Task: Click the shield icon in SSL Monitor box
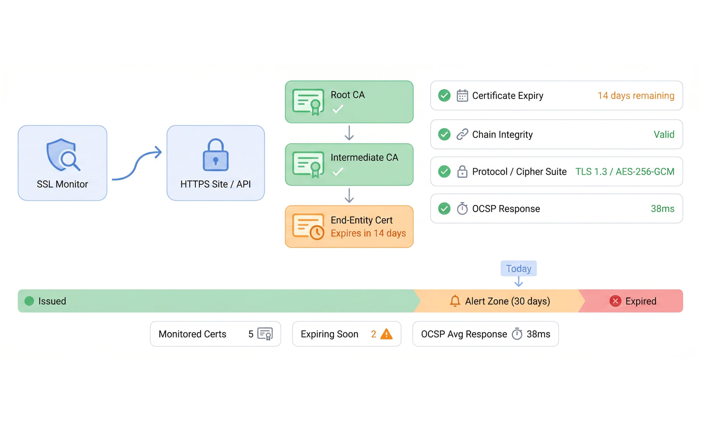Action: [x=63, y=155]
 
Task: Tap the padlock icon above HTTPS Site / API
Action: [x=216, y=155]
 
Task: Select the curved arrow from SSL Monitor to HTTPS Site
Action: [x=137, y=164]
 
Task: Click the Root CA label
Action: [x=348, y=95]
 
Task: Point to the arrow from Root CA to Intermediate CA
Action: [x=349, y=133]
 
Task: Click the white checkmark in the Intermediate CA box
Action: [x=338, y=172]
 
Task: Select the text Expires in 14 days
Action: [x=368, y=233]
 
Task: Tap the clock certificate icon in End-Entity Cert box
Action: [x=308, y=226]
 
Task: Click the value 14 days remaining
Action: [x=636, y=96]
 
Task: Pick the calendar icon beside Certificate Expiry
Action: [x=462, y=96]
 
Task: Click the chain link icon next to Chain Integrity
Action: [x=462, y=134]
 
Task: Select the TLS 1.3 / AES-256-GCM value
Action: [x=625, y=172]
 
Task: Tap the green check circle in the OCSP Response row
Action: [x=444, y=209]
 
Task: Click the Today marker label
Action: [x=519, y=269]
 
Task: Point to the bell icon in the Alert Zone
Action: [x=455, y=301]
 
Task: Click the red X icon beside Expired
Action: [x=615, y=301]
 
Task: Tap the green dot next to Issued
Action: [x=29, y=301]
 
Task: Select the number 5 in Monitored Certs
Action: [x=251, y=334]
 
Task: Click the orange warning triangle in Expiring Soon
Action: [x=386, y=334]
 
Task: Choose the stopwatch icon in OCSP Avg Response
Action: [x=517, y=334]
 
